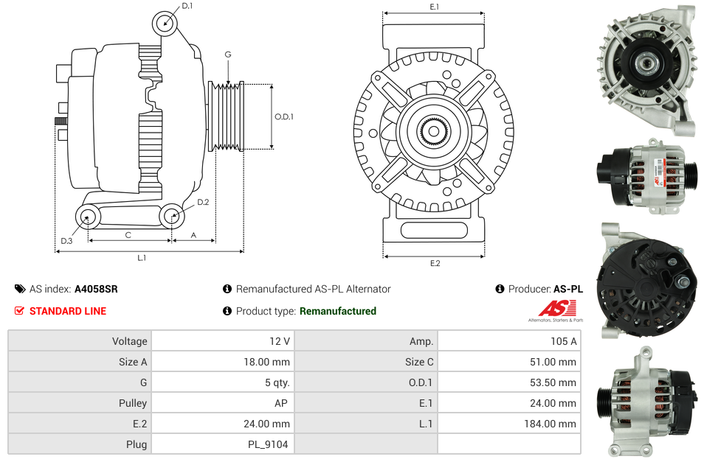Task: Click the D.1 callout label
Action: [x=187, y=6]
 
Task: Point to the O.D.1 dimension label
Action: [x=284, y=116]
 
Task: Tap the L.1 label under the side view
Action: [x=142, y=258]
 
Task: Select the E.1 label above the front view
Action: [x=434, y=7]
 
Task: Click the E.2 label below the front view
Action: [x=434, y=263]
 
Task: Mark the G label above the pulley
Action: [x=228, y=55]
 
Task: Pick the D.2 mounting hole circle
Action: [x=172, y=216]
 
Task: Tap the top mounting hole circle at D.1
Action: [x=165, y=24]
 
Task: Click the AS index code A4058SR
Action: [x=96, y=289]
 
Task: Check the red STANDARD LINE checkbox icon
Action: [x=20, y=311]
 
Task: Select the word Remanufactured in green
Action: [x=338, y=311]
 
